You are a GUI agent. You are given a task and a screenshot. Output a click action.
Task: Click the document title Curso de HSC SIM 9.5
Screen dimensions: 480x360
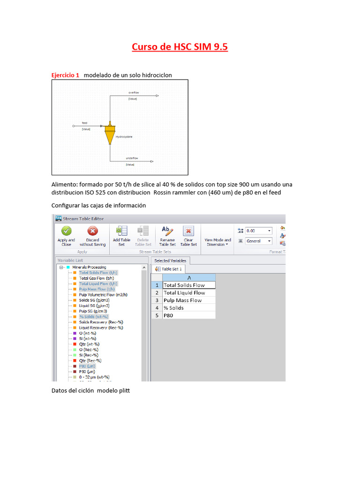click(180, 47)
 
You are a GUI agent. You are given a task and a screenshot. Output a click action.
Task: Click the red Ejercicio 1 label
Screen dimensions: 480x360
click(65, 75)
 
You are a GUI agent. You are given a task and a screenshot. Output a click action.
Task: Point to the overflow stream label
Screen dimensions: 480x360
click(134, 93)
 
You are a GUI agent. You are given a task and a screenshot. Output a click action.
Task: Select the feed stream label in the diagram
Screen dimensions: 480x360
click(84, 123)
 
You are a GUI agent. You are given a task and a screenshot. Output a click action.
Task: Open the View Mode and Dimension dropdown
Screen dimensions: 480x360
click(217, 242)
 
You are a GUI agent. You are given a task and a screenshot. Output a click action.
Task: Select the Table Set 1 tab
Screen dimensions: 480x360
click(168, 269)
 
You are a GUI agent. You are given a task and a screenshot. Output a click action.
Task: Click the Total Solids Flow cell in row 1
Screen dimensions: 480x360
click(189, 285)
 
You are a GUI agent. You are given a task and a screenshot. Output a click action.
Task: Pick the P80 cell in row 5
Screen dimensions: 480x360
click(189, 315)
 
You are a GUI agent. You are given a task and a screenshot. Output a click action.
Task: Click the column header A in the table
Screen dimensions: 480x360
click(189, 277)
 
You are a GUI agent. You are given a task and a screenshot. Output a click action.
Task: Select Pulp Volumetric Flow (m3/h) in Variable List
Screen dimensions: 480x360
click(103, 295)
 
